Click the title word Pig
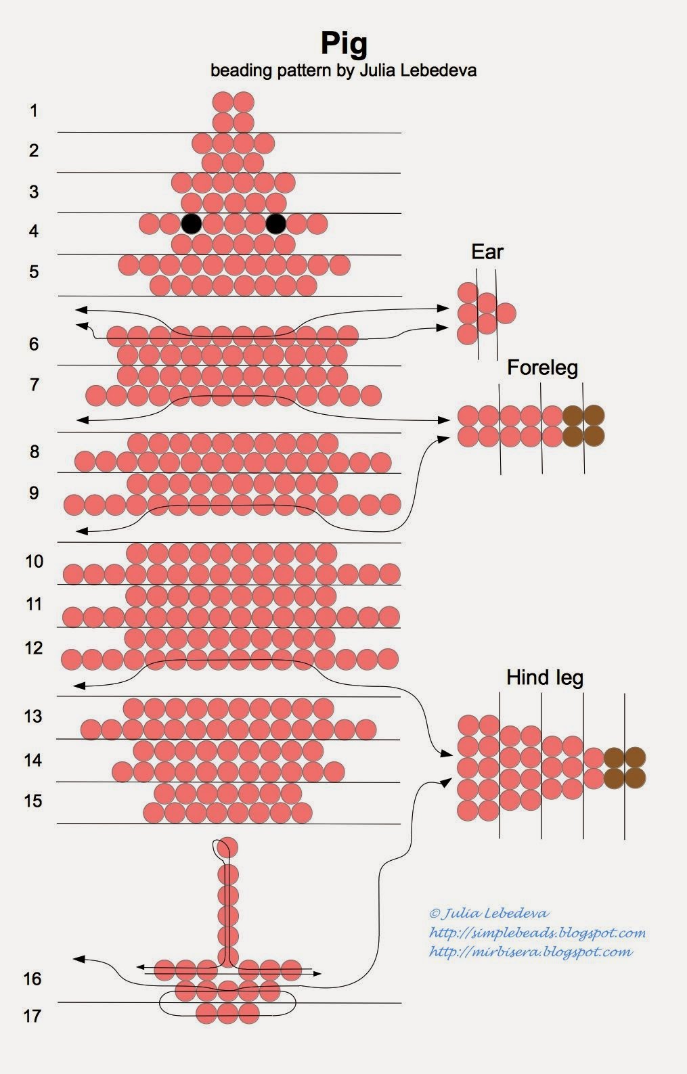[344, 43]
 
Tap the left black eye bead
[192, 223]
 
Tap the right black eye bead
[275, 223]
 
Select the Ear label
[487, 252]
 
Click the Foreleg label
[542, 367]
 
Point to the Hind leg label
[545, 677]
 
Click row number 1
[34, 110]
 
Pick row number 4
[34, 231]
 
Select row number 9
[34, 493]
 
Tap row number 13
[33, 716]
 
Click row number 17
[33, 1015]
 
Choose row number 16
[33, 979]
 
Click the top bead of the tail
[228, 847]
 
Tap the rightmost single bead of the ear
[506, 313]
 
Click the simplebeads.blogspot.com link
[537, 933]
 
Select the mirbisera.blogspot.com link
[531, 952]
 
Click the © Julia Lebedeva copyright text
[489, 914]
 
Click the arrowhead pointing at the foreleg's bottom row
[443, 439]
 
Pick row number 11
[34, 604]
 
